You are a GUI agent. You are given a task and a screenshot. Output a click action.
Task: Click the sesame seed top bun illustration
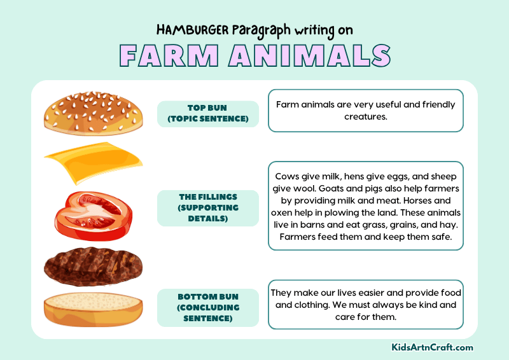pyautogui.click(x=93, y=113)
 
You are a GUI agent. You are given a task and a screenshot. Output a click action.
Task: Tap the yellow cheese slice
pyautogui.click(x=93, y=162)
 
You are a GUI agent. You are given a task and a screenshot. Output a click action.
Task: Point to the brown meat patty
pyautogui.click(x=93, y=267)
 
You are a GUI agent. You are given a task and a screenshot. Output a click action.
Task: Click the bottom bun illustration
pyautogui.click(x=93, y=308)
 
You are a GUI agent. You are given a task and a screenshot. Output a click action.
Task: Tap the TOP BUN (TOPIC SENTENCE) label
pyautogui.click(x=208, y=113)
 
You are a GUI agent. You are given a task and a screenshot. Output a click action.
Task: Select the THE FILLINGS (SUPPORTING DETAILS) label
pyautogui.click(x=208, y=207)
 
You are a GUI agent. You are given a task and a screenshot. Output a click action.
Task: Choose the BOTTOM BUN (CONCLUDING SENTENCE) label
pyautogui.click(x=208, y=308)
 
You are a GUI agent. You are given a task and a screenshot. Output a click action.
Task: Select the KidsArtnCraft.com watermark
pyautogui.click(x=432, y=347)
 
